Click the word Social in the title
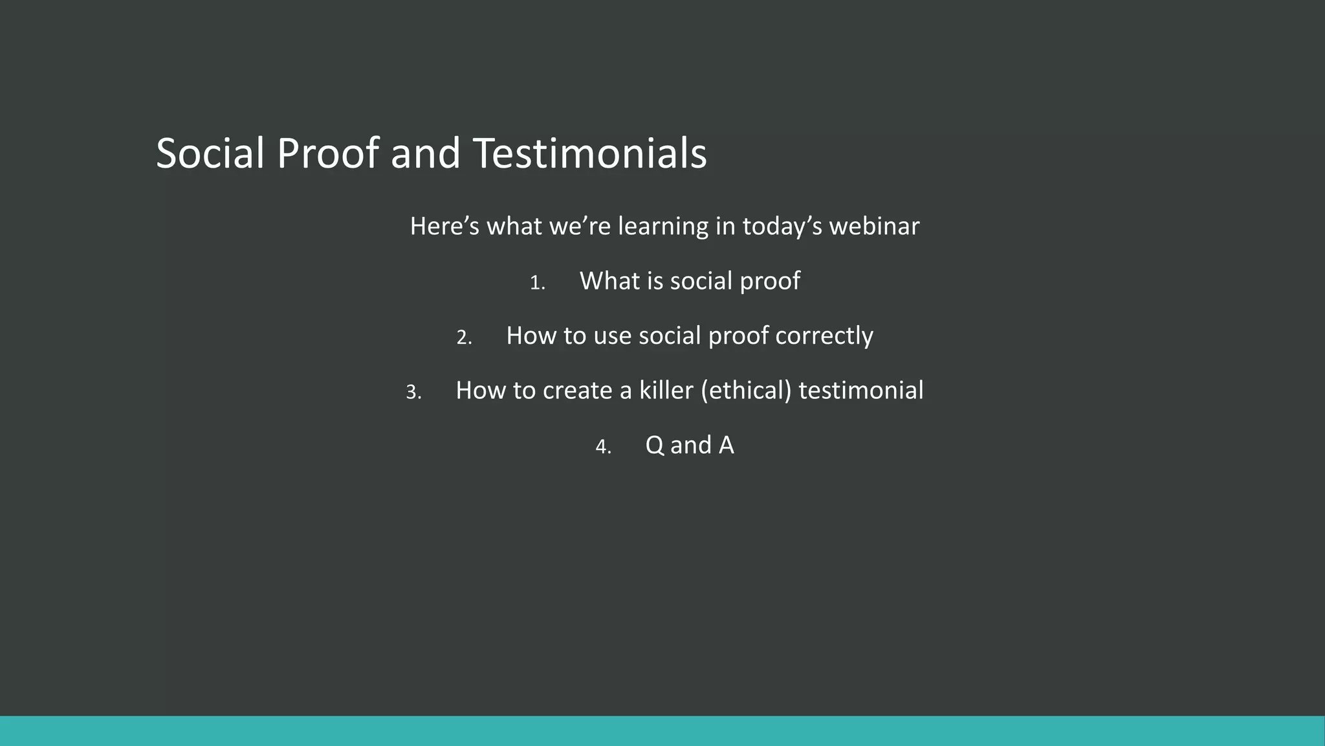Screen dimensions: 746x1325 pyautogui.click(x=210, y=154)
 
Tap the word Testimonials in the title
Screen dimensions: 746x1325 pyautogui.click(x=589, y=154)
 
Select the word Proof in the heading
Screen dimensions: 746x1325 pyautogui.click(x=327, y=154)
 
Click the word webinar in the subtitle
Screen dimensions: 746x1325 pyautogui.click(x=874, y=227)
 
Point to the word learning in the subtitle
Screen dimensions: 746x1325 pyautogui.click(x=663, y=227)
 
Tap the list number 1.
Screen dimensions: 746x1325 pyautogui.click(x=536, y=283)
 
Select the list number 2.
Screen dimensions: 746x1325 pyautogui.click(x=463, y=337)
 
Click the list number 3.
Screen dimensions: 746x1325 pyautogui.click(x=413, y=392)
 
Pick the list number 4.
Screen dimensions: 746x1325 pyautogui.click(x=602, y=447)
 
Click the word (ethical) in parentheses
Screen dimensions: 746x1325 pyautogui.click(x=747, y=390)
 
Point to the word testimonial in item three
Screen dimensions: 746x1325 pyautogui.click(x=860, y=390)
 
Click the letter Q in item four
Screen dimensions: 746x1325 pyautogui.click(x=654, y=446)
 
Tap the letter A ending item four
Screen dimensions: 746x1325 pyautogui.click(x=726, y=446)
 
